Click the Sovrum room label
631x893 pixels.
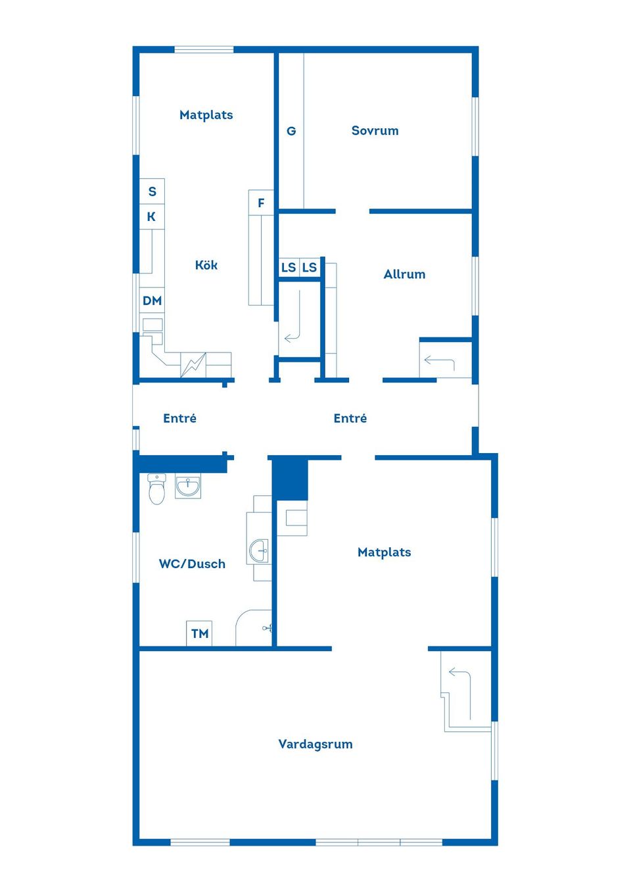click(x=375, y=130)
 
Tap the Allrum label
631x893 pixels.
click(x=404, y=274)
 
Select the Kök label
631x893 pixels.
click(x=206, y=265)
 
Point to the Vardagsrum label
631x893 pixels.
click(x=315, y=744)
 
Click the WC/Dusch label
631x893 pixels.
click(x=192, y=564)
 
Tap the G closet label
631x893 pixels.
click(x=291, y=131)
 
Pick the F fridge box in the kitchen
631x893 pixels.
click(x=261, y=203)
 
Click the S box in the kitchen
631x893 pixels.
click(x=152, y=191)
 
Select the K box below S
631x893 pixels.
click(x=152, y=216)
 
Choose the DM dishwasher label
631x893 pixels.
click(x=152, y=301)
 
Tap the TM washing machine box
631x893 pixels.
click(x=199, y=633)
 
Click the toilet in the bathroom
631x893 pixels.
click(x=156, y=489)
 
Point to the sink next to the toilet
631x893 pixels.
click(x=188, y=487)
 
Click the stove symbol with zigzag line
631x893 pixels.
click(x=193, y=365)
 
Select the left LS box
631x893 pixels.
click(x=289, y=268)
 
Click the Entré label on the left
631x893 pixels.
click(x=179, y=418)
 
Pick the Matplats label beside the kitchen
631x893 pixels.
click(x=206, y=115)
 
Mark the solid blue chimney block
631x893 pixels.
click(x=290, y=479)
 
